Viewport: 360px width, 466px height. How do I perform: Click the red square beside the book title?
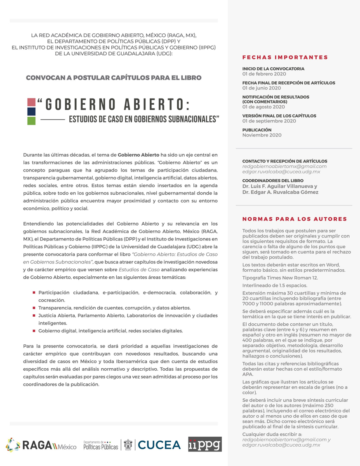pos(31,102)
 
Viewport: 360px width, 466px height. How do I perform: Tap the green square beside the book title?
pos(31,120)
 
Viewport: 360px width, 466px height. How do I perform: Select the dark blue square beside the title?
pos(31,111)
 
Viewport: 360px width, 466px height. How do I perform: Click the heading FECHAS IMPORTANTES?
pos(285,57)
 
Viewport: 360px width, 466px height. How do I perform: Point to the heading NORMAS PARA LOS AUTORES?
pos(294,219)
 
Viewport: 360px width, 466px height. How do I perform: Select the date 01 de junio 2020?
pos(261,88)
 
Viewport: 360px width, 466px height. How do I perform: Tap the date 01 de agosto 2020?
pos(264,107)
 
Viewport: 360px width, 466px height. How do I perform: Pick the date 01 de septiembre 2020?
pos(269,121)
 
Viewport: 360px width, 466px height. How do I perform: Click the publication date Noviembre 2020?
pos(262,135)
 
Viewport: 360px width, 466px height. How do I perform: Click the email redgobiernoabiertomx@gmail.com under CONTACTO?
pos(284,166)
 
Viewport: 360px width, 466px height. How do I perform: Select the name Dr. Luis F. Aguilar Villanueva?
pos(280,186)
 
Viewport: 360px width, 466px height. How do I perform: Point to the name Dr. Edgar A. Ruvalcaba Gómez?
pos(280,192)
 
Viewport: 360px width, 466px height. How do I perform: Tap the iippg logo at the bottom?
pos(205,445)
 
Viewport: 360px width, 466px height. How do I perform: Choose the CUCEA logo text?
pos(159,445)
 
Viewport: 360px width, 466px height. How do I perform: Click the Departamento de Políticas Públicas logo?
pos(100,445)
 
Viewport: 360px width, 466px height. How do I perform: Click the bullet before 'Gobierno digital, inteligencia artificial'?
pos(34,330)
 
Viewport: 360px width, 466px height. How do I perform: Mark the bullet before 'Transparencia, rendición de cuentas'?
pos(34,308)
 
